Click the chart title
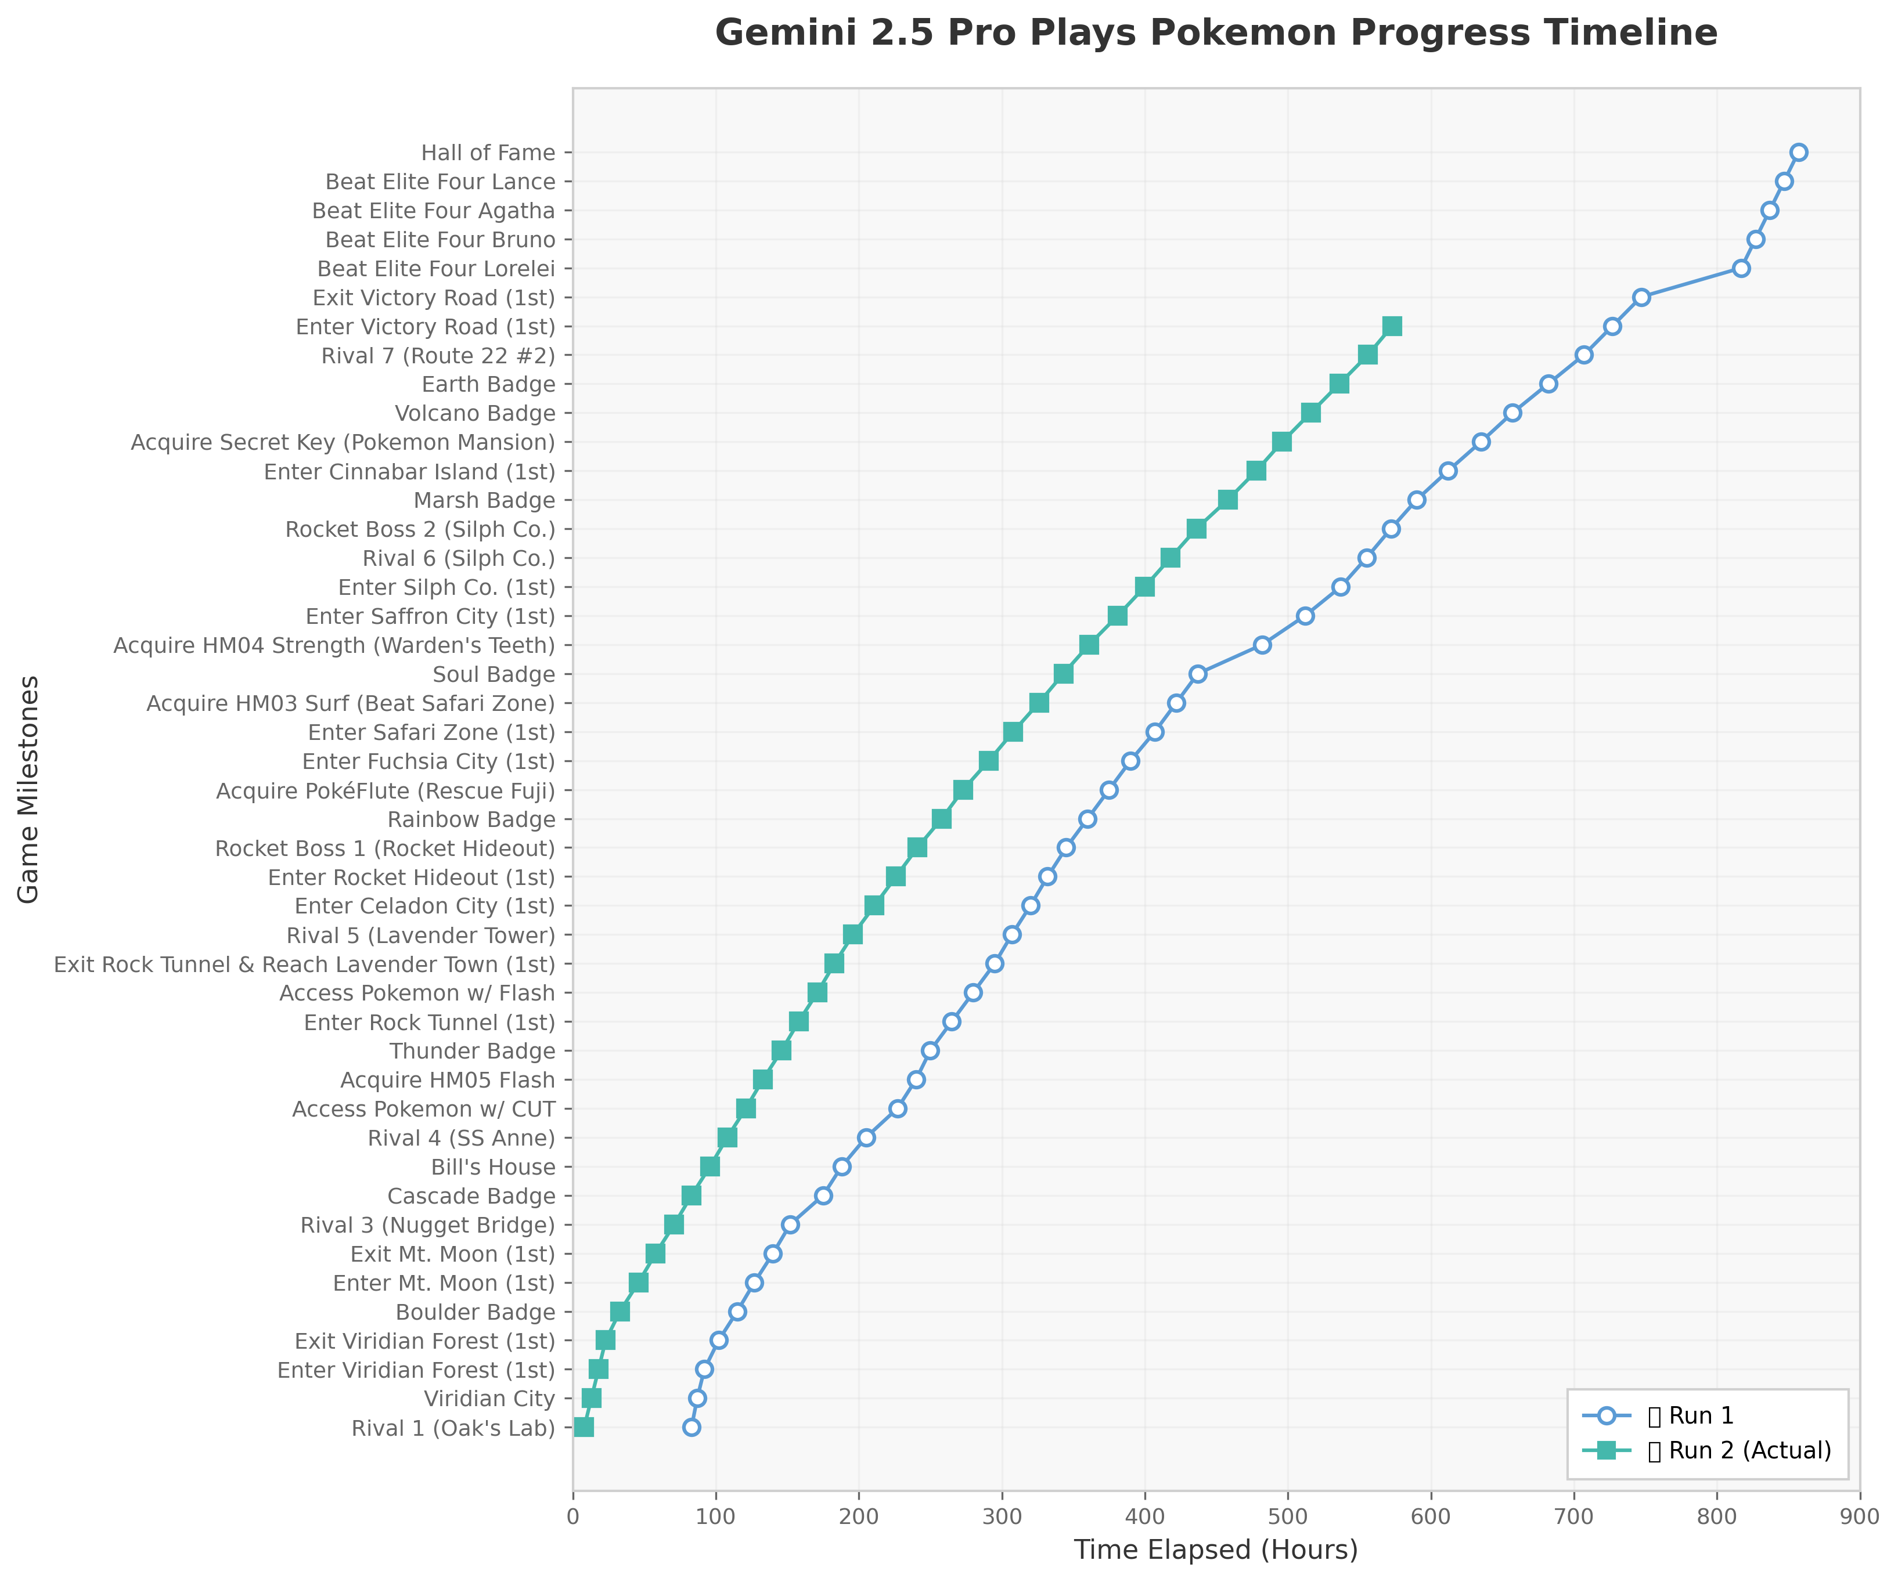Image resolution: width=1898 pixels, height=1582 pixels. [x=1216, y=34]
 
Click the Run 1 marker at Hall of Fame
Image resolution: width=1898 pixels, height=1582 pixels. [x=1799, y=152]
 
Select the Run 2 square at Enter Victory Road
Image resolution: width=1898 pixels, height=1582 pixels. [x=1392, y=326]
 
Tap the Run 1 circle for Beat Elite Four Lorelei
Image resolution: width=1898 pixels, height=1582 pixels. [x=1741, y=268]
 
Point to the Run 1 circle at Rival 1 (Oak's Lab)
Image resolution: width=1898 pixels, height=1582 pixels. [x=692, y=1428]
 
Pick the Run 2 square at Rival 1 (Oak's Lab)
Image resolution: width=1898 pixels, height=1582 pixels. [x=584, y=1428]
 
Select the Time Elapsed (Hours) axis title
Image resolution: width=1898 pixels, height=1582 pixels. [x=1216, y=1551]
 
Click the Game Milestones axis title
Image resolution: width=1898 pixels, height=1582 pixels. [x=29, y=789]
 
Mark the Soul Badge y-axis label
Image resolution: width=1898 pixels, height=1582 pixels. [x=494, y=675]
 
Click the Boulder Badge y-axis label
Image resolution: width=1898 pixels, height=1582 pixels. [x=476, y=1312]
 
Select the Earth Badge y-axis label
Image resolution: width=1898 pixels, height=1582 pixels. [x=488, y=385]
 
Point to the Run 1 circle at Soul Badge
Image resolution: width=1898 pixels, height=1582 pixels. [x=1198, y=674]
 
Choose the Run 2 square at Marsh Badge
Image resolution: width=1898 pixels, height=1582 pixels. [x=1227, y=500]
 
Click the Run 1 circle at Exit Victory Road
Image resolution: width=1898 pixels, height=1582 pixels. [x=1641, y=297]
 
